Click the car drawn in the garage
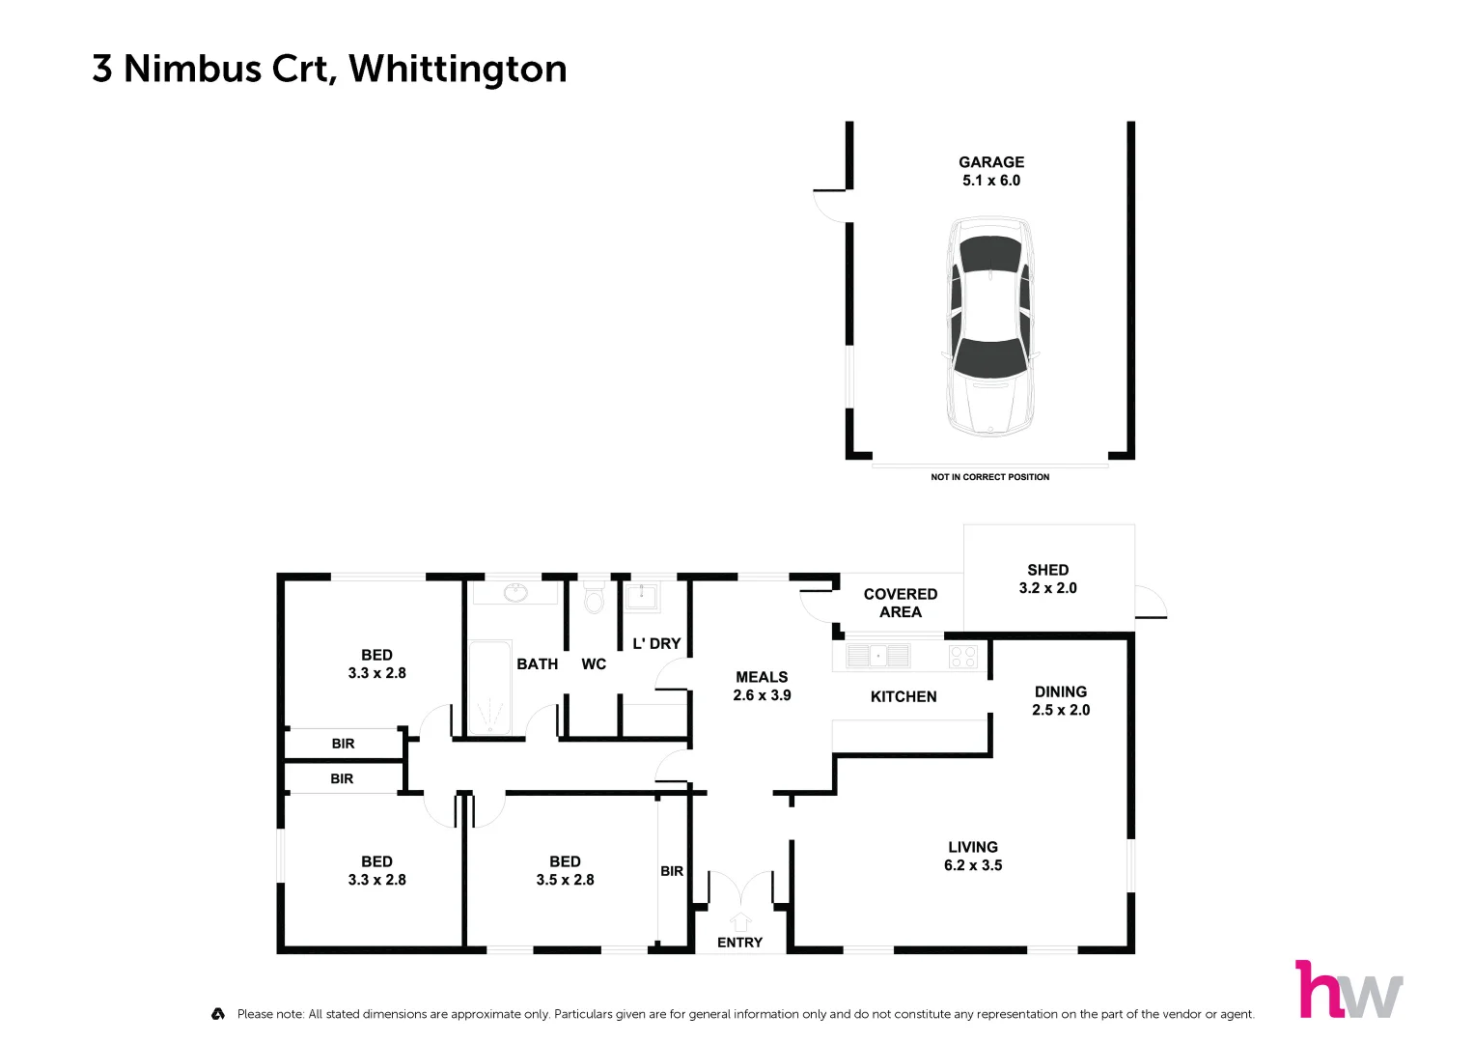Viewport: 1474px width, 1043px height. [x=990, y=326]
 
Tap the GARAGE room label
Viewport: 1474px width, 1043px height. [x=991, y=162]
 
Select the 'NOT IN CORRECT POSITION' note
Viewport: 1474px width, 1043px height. [x=989, y=477]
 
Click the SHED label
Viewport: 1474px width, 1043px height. [x=1047, y=570]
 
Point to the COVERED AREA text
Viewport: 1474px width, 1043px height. [x=900, y=603]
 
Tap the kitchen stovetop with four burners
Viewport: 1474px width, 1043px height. [x=963, y=657]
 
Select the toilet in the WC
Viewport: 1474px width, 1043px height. [x=594, y=599]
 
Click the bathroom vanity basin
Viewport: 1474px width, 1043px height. [x=516, y=592]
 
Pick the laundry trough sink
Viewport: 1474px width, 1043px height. [x=641, y=596]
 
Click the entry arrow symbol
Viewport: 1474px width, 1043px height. [x=740, y=921]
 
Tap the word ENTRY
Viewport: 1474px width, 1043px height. [x=739, y=943]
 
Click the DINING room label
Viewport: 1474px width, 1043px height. [x=1060, y=691]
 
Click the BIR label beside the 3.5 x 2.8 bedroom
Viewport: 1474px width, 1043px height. [x=672, y=871]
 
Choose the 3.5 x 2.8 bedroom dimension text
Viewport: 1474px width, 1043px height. [x=565, y=880]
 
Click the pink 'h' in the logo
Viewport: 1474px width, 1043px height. [x=1318, y=990]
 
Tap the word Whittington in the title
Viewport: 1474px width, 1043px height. [x=458, y=69]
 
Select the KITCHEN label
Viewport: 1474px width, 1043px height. [x=904, y=696]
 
